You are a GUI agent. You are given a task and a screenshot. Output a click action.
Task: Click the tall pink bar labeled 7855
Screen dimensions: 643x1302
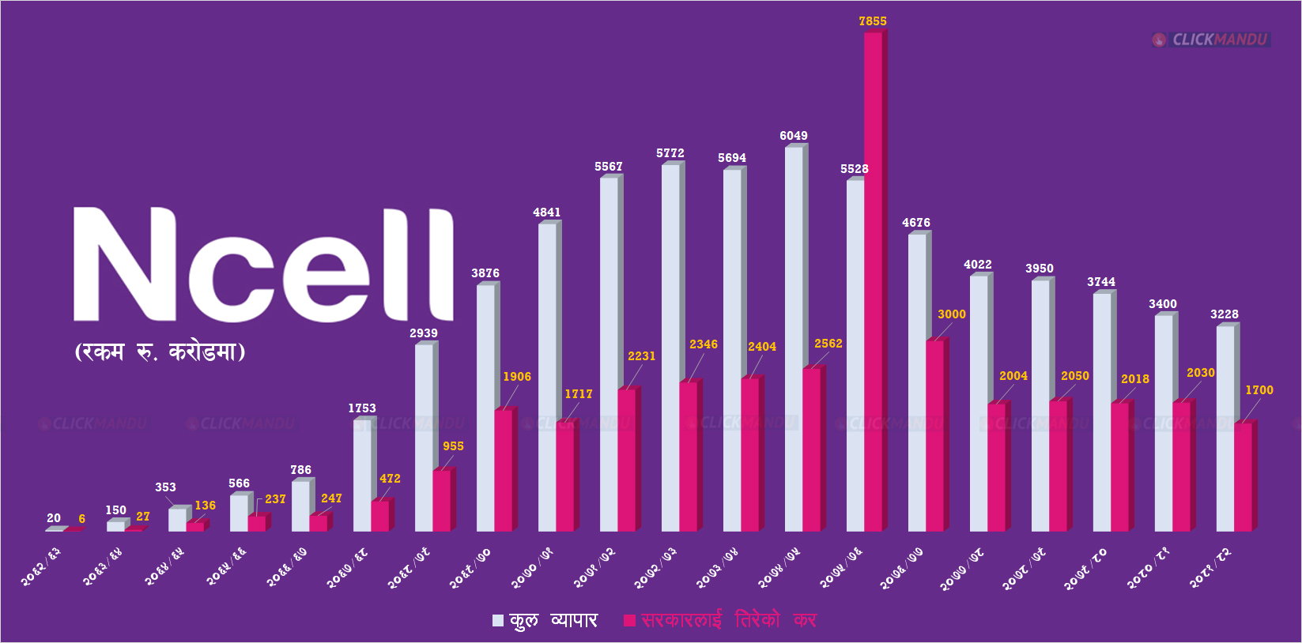coord(873,280)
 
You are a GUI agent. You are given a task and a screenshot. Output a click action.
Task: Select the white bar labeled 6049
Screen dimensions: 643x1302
coord(794,340)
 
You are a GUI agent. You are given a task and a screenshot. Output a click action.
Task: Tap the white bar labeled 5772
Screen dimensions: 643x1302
coord(670,348)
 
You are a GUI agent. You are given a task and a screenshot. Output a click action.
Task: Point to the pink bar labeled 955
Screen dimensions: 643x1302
coord(441,501)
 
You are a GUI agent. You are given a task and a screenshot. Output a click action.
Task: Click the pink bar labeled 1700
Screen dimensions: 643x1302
coord(1243,477)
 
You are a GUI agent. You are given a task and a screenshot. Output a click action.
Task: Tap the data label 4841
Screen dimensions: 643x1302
coord(546,212)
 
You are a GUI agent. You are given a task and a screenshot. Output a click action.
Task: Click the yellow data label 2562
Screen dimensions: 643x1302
coord(828,344)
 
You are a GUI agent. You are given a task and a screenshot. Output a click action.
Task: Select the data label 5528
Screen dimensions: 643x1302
coord(854,169)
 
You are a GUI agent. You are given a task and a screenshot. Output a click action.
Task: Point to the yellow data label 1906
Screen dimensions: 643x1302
coord(517,377)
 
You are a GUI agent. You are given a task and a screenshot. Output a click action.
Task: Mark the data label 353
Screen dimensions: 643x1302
coord(165,487)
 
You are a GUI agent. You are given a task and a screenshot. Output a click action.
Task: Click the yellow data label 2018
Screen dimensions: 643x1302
coord(1134,379)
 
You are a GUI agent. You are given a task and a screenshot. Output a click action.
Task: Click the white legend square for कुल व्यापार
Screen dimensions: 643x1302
coord(498,621)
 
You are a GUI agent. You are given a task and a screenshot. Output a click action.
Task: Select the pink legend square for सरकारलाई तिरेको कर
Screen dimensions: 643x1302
coord(629,621)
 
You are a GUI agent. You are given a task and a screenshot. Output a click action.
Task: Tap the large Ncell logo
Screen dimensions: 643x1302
coord(263,265)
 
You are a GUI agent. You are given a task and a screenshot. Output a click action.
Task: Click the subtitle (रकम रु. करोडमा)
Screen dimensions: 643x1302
coord(160,352)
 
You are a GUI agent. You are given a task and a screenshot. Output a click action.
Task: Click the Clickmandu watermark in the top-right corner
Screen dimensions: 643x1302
coord(1211,39)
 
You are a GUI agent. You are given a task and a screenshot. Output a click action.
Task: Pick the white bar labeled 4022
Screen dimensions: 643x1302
coord(979,403)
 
